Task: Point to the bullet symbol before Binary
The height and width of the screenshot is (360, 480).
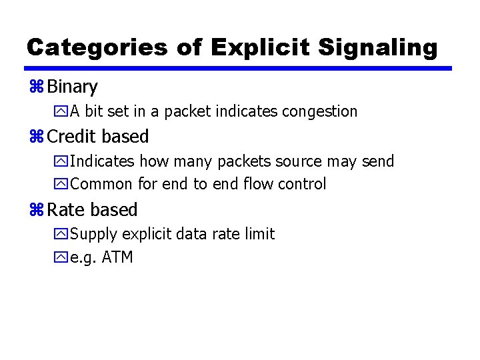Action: (x=36, y=87)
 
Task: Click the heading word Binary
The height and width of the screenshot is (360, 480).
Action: (x=73, y=87)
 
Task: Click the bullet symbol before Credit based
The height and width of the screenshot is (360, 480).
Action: (x=36, y=137)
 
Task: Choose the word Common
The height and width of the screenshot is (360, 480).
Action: (x=101, y=184)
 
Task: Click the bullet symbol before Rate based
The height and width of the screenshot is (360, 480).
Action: (x=36, y=210)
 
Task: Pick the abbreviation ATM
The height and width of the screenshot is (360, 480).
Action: (x=117, y=257)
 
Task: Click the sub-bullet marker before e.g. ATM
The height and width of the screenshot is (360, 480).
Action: (x=62, y=257)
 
